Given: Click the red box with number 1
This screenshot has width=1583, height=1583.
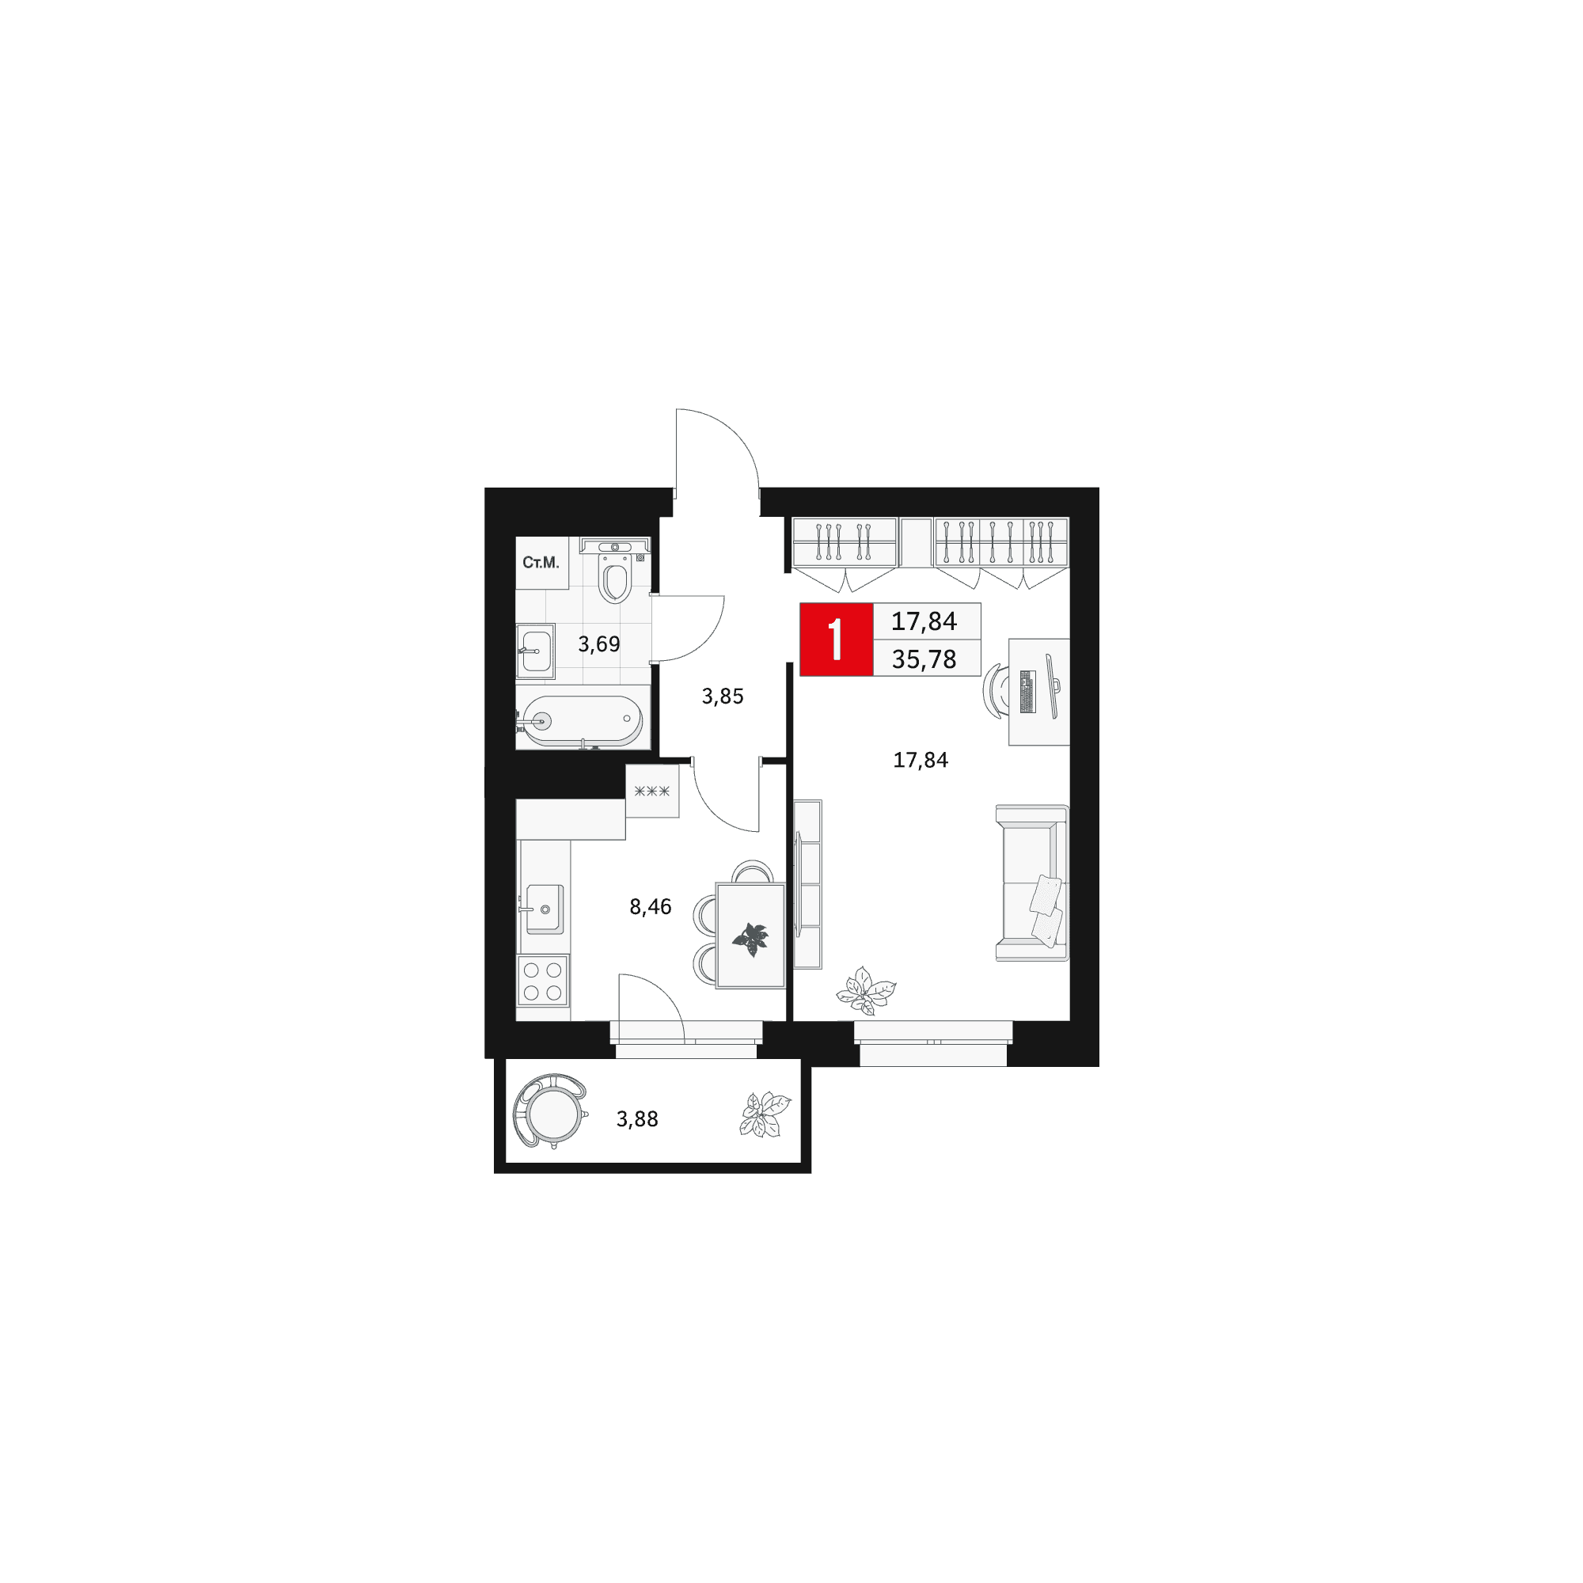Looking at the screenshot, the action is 836,639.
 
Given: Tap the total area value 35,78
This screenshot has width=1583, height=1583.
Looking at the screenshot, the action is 924,659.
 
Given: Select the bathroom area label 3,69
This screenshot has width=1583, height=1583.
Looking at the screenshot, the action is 599,644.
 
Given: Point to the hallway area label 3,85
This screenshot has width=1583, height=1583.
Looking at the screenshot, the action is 723,697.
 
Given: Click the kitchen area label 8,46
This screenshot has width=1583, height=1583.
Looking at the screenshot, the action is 651,907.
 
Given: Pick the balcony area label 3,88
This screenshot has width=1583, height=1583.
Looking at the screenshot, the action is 637,1119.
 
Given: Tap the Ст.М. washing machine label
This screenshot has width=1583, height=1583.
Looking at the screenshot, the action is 541,563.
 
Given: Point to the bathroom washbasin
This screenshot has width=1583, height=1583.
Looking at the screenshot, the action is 536,651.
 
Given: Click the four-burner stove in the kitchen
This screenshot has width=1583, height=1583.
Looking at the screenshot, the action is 542,981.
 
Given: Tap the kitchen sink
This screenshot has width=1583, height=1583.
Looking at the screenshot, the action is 544,909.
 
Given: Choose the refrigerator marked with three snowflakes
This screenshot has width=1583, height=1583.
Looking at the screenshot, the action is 652,791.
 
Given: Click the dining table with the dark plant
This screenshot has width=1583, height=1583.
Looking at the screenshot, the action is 750,935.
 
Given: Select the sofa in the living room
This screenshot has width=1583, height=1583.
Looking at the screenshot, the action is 1032,883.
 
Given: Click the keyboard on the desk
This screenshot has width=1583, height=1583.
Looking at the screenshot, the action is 1027,691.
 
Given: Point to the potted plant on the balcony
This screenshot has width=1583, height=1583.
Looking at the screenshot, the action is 765,1115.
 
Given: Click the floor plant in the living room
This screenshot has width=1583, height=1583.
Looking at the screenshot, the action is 866,992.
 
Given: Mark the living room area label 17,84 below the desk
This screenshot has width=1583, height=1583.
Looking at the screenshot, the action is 921,761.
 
